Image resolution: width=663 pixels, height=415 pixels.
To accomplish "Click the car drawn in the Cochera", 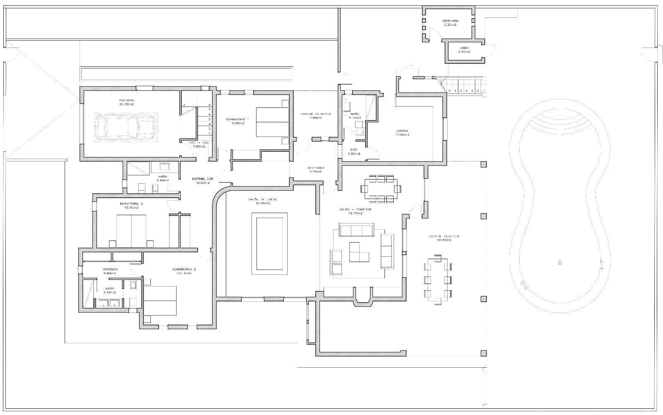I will [125, 127].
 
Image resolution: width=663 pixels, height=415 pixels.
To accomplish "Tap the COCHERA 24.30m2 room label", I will [126, 102].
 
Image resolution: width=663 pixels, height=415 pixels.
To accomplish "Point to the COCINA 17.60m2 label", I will [402, 133].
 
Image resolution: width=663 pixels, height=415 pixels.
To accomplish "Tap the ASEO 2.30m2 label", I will [464, 50].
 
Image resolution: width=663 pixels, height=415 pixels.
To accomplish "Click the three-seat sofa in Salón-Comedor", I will [356, 230].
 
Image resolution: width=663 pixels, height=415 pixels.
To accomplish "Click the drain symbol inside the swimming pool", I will [560, 262].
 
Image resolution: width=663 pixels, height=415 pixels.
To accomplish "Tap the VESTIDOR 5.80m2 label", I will [110, 271].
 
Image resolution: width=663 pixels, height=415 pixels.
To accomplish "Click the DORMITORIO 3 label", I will [184, 271].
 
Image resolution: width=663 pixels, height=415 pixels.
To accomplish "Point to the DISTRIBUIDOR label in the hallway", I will [202, 180].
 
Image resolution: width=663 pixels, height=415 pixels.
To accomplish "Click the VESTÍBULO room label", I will [316, 170].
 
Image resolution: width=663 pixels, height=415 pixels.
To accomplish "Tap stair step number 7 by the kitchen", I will [450, 91].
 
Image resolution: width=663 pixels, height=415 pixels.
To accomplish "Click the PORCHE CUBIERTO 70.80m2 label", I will [444, 238].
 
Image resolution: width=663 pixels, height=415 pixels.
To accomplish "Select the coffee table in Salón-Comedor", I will [359, 252].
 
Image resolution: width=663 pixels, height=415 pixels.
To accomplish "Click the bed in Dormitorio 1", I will [272, 122].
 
